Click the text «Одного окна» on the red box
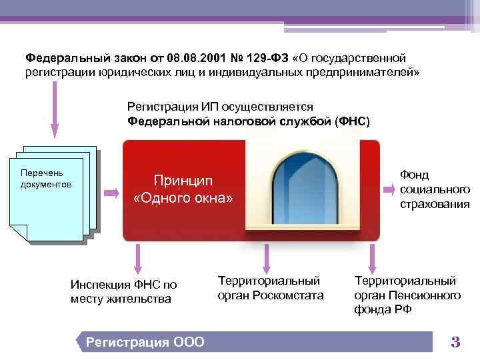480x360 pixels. (x=183, y=198)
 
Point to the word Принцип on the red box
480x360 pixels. (x=183, y=181)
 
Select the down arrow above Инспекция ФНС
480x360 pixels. (x=138, y=256)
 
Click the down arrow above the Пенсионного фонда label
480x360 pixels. (x=372, y=256)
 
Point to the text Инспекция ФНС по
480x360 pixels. (x=124, y=285)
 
